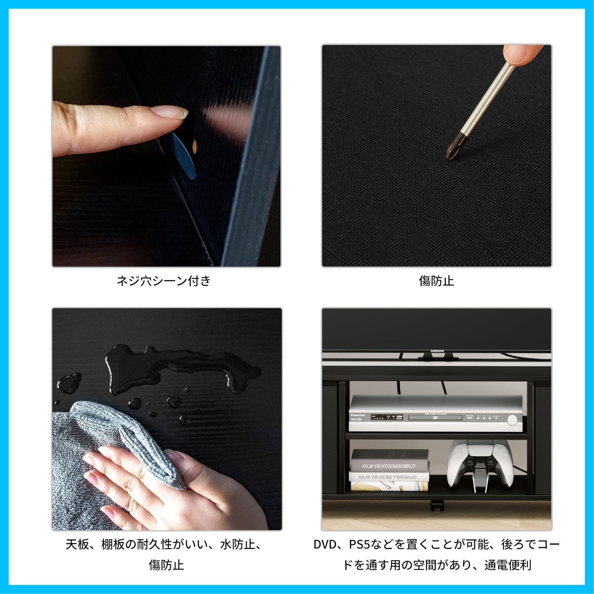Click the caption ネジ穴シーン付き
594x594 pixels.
click(x=163, y=281)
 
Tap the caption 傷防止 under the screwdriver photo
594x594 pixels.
click(x=436, y=281)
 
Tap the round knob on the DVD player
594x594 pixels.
click(x=512, y=420)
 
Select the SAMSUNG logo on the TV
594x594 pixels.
click(x=437, y=351)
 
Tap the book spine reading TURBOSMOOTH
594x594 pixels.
click(x=389, y=466)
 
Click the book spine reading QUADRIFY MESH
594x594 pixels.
click(x=388, y=477)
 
